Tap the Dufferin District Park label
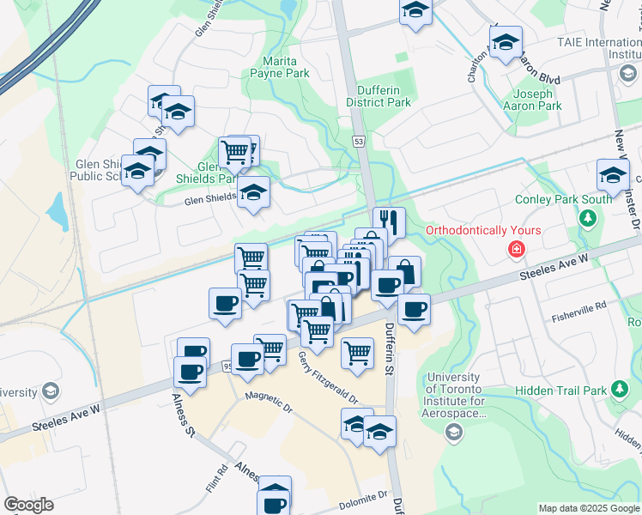379,95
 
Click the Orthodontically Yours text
484,230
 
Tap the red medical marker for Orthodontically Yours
516,250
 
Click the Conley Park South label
563,199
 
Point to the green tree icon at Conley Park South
588,219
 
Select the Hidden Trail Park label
561,391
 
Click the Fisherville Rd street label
579,304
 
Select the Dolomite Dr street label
362,498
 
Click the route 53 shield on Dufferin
358,140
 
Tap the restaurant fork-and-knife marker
389,221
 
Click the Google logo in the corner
28,505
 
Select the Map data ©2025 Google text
588,508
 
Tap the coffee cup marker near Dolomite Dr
275,494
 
